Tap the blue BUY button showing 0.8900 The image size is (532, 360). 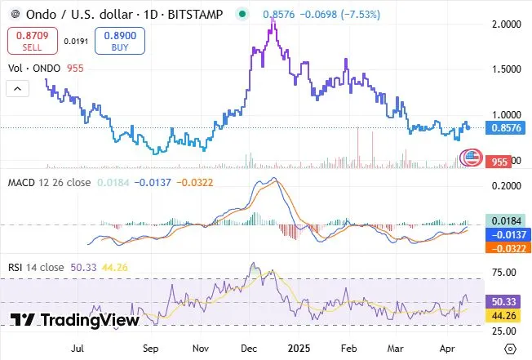[x=119, y=41]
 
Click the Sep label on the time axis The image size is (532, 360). [x=149, y=346]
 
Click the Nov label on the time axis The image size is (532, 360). [x=200, y=346]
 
